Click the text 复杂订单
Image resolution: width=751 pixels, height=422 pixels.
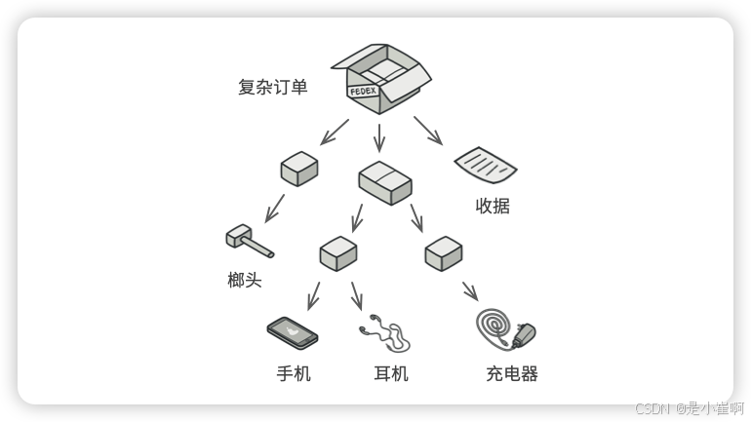point(272,87)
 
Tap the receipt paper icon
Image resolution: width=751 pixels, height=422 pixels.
point(485,166)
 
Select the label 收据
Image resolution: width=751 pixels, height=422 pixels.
point(493,206)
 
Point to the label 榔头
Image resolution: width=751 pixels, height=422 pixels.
point(245,281)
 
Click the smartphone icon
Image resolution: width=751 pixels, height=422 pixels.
point(293,332)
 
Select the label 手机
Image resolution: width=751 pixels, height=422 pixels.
point(294,373)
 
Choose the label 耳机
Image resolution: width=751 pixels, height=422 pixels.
point(391,373)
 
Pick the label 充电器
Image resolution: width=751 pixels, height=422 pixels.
point(512,373)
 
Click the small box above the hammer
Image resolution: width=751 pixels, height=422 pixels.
point(299,169)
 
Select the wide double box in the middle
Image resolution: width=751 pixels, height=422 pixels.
point(385,182)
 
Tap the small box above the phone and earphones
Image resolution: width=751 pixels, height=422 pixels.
point(338,253)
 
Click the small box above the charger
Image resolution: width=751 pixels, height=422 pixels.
point(444,253)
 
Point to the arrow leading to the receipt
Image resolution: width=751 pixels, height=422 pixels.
point(428,131)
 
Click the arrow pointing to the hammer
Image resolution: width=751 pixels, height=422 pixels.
point(275,207)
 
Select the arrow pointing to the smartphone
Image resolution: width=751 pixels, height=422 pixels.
point(313,295)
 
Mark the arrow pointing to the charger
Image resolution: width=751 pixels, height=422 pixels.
point(469,290)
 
